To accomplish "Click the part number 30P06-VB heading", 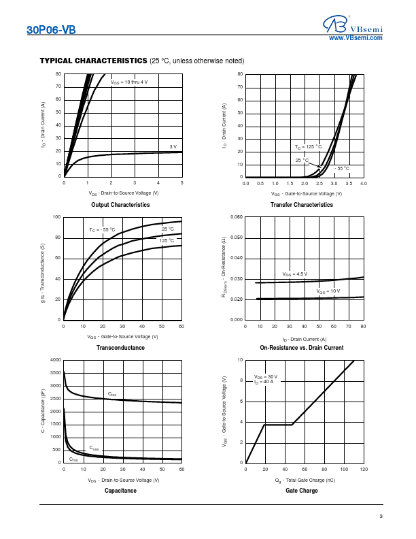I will pyautogui.click(x=50, y=30).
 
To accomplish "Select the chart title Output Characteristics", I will pyautogui.click(x=120, y=205).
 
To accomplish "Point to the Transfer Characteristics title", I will pyautogui.click(x=302, y=205).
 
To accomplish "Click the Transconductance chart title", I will pyautogui.click(x=120, y=348).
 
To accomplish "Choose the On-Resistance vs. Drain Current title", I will pyautogui.click(x=302, y=348).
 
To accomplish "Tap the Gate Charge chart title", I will pyautogui.click(x=302, y=491).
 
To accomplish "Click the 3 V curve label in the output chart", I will pyautogui.click(x=173, y=147).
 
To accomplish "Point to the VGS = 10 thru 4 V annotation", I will pyautogui.click(x=129, y=82).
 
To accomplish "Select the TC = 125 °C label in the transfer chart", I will pyautogui.click(x=308, y=147).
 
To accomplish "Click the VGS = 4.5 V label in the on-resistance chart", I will pyautogui.click(x=295, y=274).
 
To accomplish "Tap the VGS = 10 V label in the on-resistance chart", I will pyautogui.click(x=328, y=291).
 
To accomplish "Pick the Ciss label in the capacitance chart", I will pyautogui.click(x=112, y=394).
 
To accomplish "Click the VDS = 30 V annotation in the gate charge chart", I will pyautogui.click(x=266, y=376).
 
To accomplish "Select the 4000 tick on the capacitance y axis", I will pyautogui.click(x=55, y=359).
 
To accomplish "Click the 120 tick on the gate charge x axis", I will pyautogui.click(x=364, y=470).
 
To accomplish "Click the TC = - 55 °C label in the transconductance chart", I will pyautogui.click(x=102, y=230).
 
